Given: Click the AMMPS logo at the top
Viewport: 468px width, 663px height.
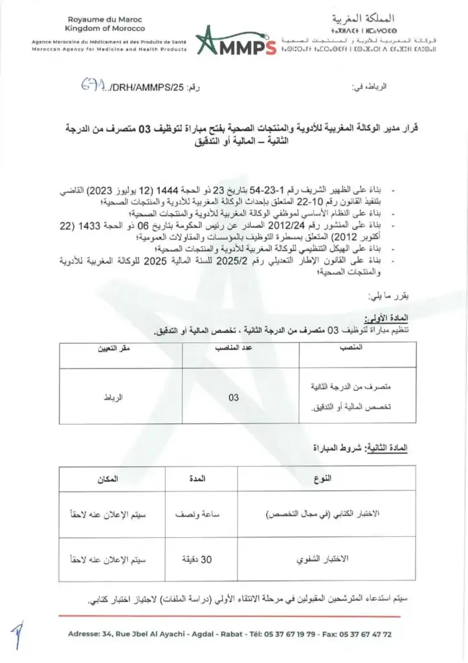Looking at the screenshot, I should tap(235, 41).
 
